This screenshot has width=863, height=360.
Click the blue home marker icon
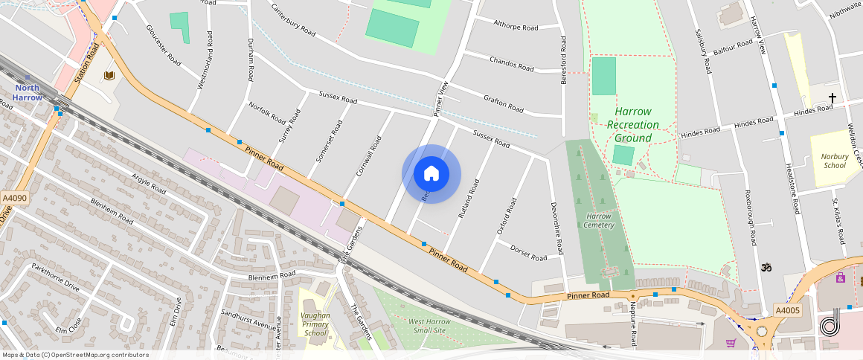tap(431, 174)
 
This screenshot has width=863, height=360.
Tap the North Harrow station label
tap(27, 92)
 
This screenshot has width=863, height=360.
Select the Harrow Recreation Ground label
tap(633, 124)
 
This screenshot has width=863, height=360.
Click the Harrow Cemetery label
tap(598, 220)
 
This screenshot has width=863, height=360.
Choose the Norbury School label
tap(835, 161)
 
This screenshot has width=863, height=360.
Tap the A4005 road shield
tap(787, 310)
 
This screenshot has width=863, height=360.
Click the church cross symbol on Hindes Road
tap(832, 98)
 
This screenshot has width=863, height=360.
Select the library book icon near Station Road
tap(109, 75)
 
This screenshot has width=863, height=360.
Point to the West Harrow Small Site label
tap(428, 325)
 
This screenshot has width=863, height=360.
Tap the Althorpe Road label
tap(516, 26)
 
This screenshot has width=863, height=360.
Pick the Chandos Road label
tap(511, 63)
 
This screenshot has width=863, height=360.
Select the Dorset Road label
tap(529, 253)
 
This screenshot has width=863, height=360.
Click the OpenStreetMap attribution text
tap(75, 355)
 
